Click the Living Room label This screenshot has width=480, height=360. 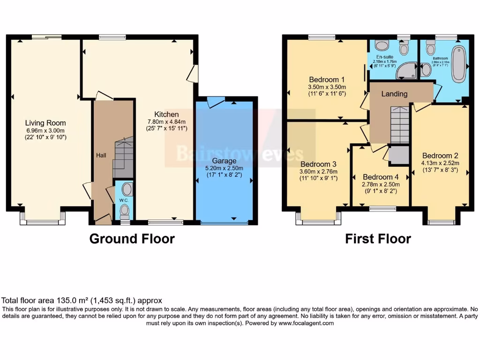(45, 123)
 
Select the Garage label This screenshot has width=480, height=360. (225, 160)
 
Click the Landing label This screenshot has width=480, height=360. (394, 94)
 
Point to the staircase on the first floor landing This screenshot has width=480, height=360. (400, 124)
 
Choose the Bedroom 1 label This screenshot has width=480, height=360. (327, 79)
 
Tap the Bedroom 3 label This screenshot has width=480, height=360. (318, 164)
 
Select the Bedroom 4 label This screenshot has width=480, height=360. (381, 177)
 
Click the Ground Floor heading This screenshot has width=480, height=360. (132, 239)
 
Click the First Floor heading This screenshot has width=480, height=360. (378, 239)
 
